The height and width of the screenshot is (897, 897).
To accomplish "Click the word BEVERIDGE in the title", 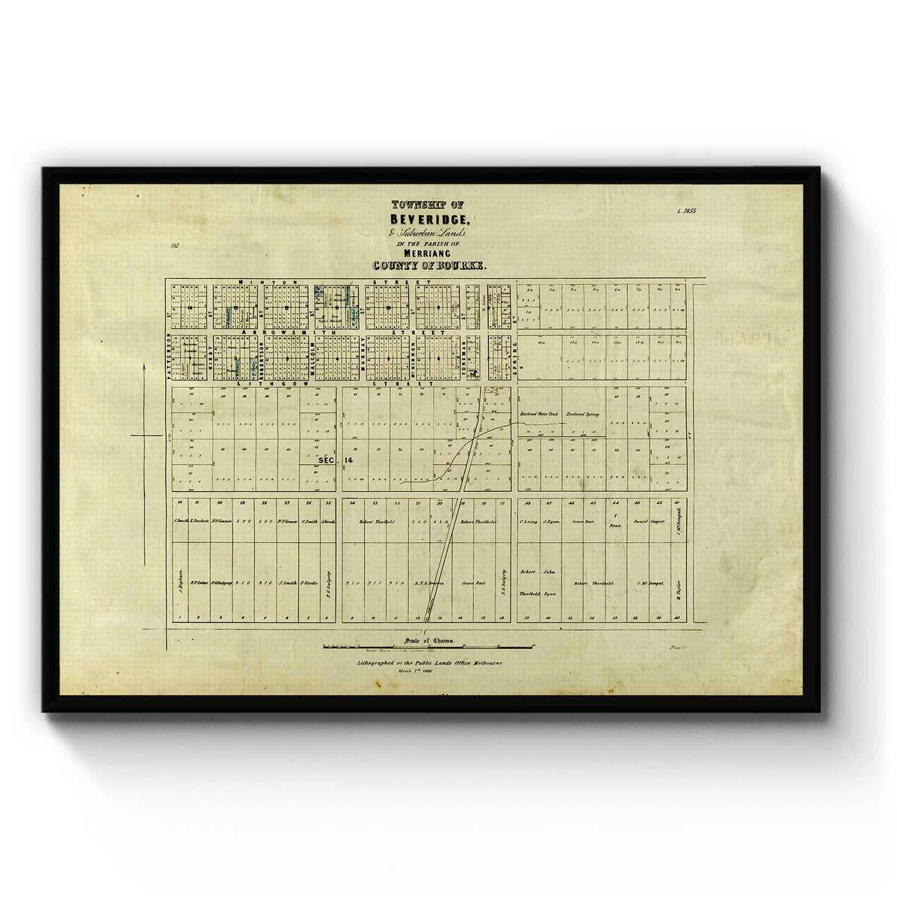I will pos(428,220).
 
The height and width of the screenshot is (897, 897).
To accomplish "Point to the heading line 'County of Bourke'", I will pos(429,265).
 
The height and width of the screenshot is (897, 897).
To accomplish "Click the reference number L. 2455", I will pos(685,212).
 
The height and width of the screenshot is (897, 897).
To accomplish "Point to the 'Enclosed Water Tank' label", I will pos(538,413).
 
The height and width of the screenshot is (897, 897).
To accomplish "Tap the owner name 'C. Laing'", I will pos(528,521).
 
